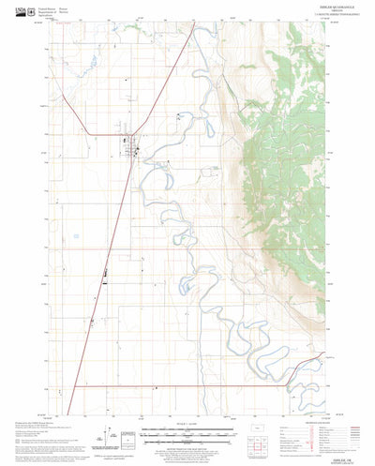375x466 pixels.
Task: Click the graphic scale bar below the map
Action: coord(187,433)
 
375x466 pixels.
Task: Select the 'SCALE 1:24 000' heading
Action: coord(187,427)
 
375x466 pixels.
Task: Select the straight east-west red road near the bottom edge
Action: coord(187,385)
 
